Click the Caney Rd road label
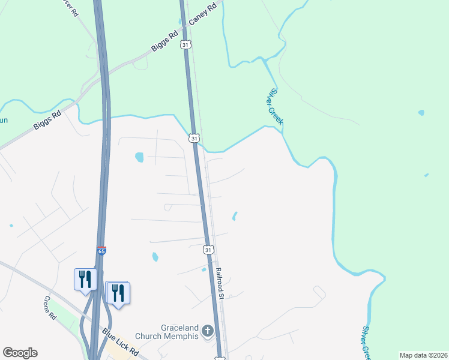(x=203, y=16)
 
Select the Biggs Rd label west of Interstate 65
(x=48, y=119)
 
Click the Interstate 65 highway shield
(x=102, y=251)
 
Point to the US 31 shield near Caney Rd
(x=187, y=45)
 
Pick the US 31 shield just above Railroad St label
(x=208, y=249)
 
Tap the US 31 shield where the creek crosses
(x=193, y=139)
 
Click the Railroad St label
(x=220, y=283)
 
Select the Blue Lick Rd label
(x=120, y=342)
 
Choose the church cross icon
(x=207, y=331)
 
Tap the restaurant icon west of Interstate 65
(x=85, y=278)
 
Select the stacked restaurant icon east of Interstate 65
(x=118, y=292)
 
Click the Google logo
(x=20, y=353)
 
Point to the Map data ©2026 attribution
(x=423, y=355)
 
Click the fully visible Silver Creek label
(x=276, y=107)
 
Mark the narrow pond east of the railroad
(x=235, y=215)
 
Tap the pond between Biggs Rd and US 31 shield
(x=139, y=157)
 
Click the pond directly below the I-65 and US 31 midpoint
(x=155, y=257)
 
